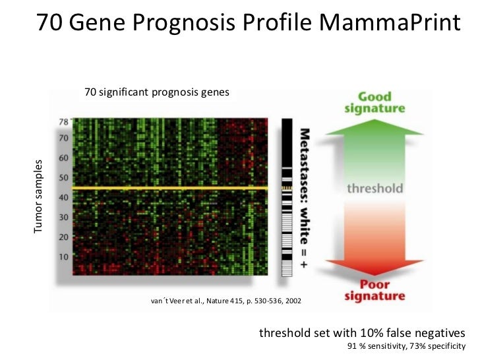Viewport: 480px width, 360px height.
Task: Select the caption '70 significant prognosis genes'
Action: tap(157, 92)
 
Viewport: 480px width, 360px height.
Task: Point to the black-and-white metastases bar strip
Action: tap(287, 198)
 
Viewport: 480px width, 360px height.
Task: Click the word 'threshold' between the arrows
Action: tap(375, 188)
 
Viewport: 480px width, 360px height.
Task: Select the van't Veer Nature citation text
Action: tap(226, 301)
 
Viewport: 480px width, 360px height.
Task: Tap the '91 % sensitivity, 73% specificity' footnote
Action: tap(406, 346)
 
